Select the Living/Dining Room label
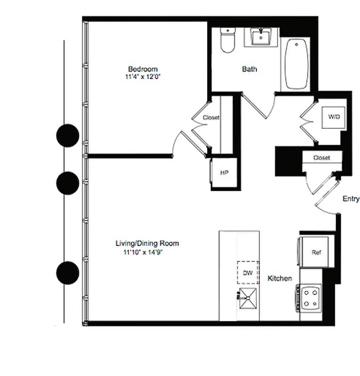147,243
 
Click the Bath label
249,69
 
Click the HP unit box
224,172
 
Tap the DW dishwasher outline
248,273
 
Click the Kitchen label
280,279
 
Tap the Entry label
351,199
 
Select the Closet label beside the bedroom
211,117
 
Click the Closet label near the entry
321,158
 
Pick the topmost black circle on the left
67,135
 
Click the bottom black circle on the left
67,273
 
